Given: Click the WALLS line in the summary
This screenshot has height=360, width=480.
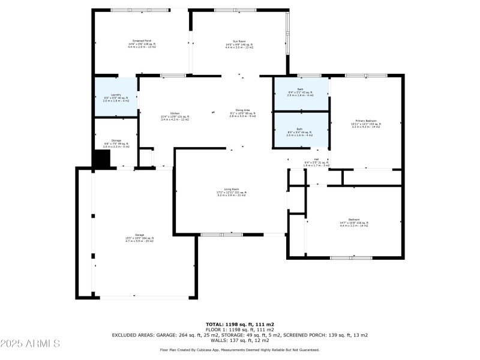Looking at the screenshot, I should (239, 340).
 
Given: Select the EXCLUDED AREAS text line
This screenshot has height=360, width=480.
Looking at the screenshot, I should (239, 335).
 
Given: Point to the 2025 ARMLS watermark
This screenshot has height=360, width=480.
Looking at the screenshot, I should (30, 344).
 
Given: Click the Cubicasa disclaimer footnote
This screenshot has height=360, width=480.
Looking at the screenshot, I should (239, 349).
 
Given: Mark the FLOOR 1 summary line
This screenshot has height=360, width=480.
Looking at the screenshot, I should (239, 329).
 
